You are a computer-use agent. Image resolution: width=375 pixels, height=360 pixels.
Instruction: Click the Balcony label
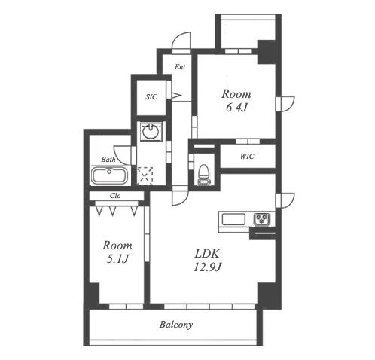[x=176, y=325]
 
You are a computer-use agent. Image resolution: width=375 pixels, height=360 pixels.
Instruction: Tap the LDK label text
[x=208, y=254]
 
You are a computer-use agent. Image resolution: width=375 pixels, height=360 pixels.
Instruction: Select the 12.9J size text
[x=208, y=267]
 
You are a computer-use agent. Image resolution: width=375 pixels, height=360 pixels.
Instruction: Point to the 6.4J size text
[x=236, y=108]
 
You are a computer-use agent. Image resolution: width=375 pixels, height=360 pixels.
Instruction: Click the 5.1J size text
[x=117, y=258]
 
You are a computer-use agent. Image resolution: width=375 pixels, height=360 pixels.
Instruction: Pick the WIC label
[x=247, y=157]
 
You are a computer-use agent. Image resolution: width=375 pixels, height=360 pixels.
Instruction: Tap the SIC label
[x=151, y=97]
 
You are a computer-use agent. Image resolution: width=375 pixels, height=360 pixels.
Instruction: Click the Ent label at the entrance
[x=180, y=67]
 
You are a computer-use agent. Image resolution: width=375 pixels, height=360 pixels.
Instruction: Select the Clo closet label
[x=115, y=196]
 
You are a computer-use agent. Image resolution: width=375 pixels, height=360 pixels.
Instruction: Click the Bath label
[x=108, y=160]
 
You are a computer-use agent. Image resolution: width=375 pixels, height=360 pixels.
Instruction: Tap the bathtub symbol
[x=109, y=176]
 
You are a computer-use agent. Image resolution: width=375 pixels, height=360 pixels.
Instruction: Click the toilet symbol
[x=203, y=175]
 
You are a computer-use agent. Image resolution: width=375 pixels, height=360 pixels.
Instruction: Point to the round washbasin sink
[x=151, y=131]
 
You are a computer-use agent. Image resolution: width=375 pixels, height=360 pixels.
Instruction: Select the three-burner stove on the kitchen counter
[x=261, y=219]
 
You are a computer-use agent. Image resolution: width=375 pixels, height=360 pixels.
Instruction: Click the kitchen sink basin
[x=233, y=219]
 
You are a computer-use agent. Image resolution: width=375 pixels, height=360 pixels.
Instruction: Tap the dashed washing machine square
[x=145, y=175]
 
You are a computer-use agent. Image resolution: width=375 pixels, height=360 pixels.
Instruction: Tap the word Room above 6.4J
[x=236, y=94]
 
